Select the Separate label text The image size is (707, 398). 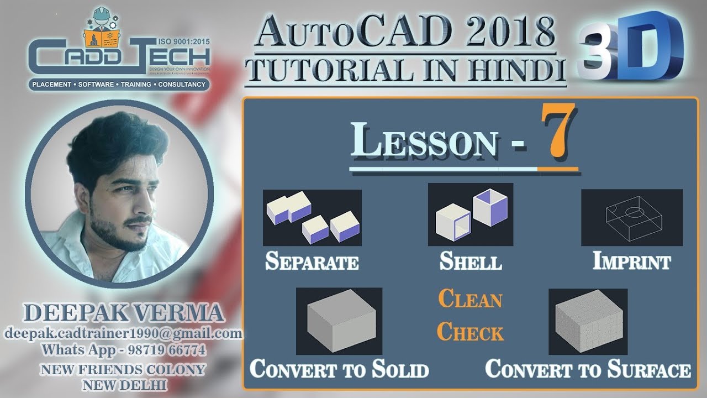(x=312, y=261)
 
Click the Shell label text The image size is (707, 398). (x=471, y=261)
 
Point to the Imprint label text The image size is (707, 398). (x=632, y=261)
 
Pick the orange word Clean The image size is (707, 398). (x=471, y=299)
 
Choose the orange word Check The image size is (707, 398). (x=471, y=332)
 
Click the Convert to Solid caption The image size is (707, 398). (x=339, y=369)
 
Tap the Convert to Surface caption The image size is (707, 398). (x=588, y=369)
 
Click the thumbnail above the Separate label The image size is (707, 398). (x=312, y=218)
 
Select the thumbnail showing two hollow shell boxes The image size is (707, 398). (x=471, y=214)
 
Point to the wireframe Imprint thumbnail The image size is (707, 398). (x=632, y=217)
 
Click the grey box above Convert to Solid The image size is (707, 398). (x=339, y=321)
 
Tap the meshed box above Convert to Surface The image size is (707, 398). (x=588, y=321)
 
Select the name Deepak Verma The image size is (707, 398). (x=124, y=313)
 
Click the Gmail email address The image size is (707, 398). (x=124, y=333)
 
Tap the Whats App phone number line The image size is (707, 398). (x=124, y=350)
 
